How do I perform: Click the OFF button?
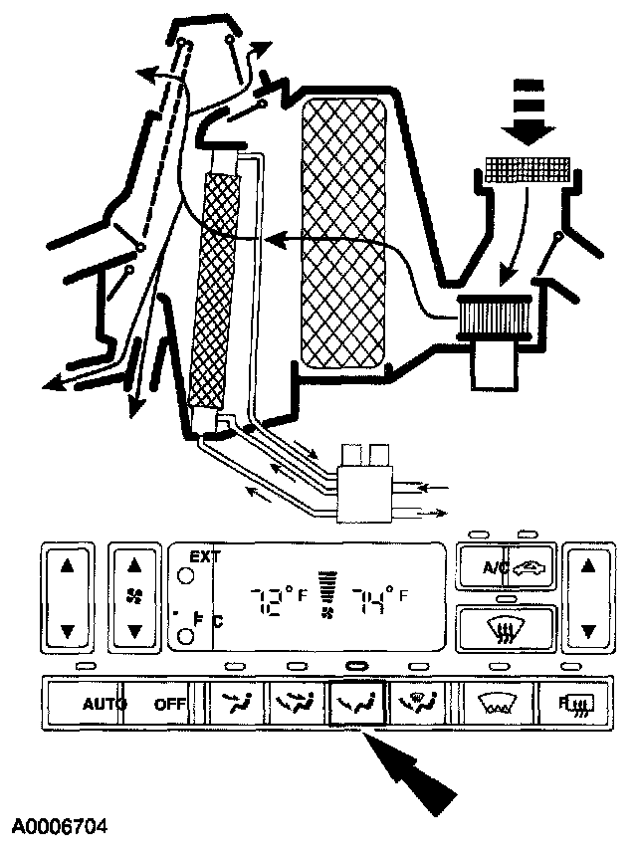pos(170,704)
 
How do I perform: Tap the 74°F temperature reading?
pos(373,600)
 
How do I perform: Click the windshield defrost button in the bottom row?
pos(493,704)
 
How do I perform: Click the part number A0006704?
pos(60,827)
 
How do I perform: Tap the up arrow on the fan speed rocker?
pos(135,565)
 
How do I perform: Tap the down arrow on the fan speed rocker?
pos(135,631)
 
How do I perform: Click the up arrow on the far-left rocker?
pos(67,565)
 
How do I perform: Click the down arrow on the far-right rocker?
pos(588,631)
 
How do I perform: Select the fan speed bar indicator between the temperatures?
pos(324,594)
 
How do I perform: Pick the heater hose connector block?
pos(365,488)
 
